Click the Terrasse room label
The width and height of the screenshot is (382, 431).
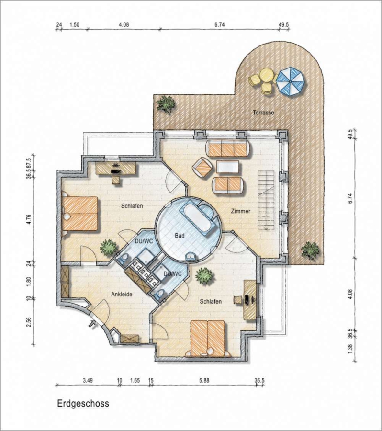coord(263,113)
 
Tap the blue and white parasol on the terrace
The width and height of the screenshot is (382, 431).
coord(291,81)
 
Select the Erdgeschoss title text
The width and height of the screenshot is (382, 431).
coord(83,404)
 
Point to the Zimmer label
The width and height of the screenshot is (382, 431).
coord(240,211)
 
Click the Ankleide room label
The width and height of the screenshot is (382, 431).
coord(122,294)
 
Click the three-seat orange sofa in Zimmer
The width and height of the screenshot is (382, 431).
coord(228,149)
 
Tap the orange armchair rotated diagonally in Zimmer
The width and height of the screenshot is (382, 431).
coord(203,168)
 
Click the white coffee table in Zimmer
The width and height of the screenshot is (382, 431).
coord(227,167)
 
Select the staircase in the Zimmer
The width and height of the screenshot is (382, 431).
coord(266,201)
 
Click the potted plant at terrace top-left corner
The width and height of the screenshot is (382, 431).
coord(166,104)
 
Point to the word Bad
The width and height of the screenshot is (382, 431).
coord(180,236)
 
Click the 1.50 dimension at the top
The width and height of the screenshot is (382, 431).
coord(74,25)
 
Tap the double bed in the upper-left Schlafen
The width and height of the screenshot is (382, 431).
coord(80,214)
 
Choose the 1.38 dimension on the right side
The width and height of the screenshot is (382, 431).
coord(350,349)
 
